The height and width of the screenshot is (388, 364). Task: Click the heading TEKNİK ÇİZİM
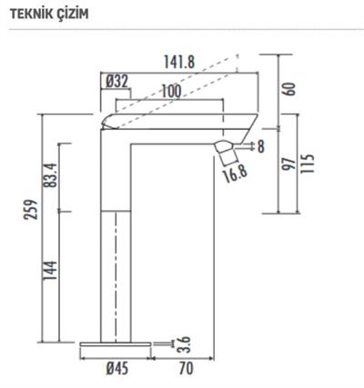coord(47,13)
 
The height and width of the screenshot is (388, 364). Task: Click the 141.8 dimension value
coord(178,61)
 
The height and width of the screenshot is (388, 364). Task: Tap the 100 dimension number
coord(169,91)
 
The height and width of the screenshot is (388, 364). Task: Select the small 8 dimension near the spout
coord(261,145)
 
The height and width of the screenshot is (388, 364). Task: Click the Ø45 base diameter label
coord(116,369)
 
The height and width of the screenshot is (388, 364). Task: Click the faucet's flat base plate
coord(115,344)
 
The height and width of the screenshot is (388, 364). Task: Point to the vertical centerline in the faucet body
coord(116,273)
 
